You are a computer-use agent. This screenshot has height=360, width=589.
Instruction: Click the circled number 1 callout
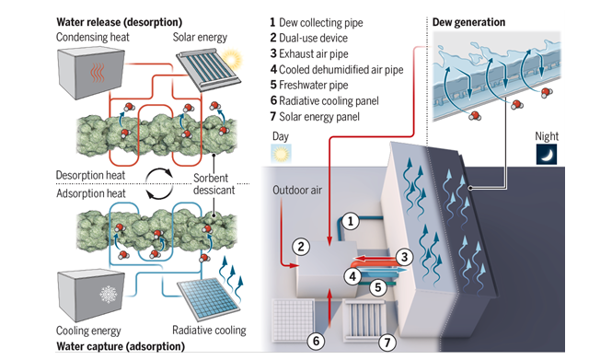[x=350, y=221]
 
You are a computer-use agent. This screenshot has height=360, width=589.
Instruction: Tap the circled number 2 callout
[x=301, y=247]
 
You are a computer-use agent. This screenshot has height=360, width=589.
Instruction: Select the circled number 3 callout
[x=404, y=257]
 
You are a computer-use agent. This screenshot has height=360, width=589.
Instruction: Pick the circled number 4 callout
[x=352, y=276]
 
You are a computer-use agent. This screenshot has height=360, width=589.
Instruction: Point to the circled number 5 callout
[x=378, y=287]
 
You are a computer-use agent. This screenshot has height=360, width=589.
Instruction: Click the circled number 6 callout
[x=316, y=341]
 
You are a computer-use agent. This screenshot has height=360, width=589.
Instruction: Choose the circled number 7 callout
[x=387, y=343]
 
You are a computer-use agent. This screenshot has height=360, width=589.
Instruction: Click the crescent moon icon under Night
[x=547, y=155]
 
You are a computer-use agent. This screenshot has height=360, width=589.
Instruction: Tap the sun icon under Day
[x=281, y=154]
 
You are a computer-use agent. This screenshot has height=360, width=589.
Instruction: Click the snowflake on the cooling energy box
[x=109, y=295]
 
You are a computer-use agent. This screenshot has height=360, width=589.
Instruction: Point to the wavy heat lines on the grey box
[x=98, y=73]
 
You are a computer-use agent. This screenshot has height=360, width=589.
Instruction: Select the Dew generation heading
[x=468, y=22]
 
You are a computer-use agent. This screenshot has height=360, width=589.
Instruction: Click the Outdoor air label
[x=297, y=191]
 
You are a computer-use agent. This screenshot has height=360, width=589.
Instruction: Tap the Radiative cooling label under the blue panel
[x=209, y=331]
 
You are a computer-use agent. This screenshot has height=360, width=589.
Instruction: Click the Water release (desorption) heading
[x=120, y=22]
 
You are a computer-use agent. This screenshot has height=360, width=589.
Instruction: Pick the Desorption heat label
[x=90, y=175]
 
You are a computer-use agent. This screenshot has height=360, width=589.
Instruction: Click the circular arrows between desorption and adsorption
[x=159, y=183]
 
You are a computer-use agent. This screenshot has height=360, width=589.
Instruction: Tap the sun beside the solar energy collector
[x=231, y=59]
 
